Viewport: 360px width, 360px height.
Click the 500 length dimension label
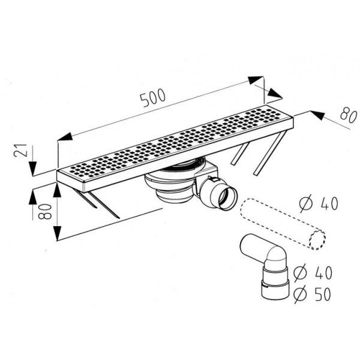(152, 98)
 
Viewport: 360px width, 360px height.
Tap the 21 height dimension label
(20, 151)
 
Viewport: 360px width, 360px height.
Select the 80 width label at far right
(349, 116)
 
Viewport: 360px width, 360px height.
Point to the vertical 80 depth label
(45, 211)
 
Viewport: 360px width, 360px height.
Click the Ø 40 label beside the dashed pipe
(319, 203)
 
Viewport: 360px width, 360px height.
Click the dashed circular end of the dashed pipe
(317, 239)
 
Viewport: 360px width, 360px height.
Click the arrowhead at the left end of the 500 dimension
(65, 137)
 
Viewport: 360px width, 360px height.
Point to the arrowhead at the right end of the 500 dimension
(256, 80)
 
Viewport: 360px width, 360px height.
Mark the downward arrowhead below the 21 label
(33, 169)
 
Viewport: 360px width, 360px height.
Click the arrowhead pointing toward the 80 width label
(317, 115)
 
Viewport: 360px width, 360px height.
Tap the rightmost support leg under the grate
(271, 153)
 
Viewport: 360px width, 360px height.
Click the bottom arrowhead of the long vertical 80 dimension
(57, 233)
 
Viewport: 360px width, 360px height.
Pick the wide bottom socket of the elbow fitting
(275, 290)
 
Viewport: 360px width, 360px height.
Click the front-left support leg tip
(119, 218)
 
